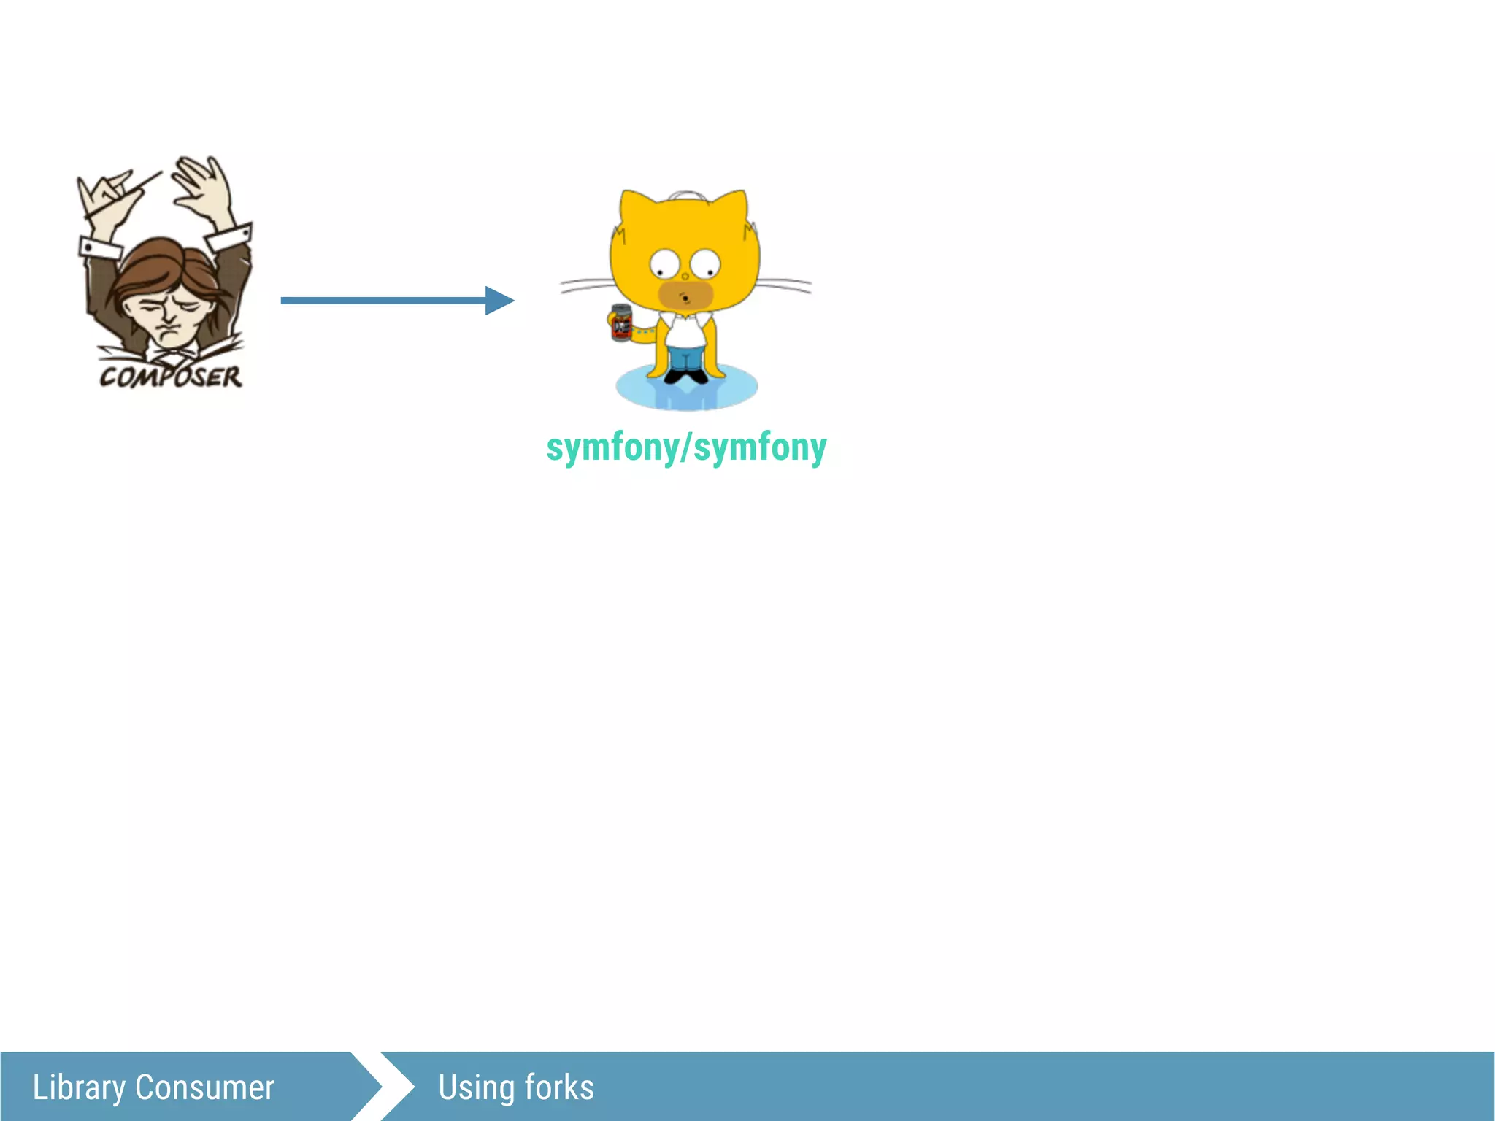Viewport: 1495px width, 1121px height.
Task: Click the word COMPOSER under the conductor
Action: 171,377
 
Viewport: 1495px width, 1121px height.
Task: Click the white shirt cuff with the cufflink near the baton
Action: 99,248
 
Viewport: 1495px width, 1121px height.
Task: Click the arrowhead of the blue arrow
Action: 499,300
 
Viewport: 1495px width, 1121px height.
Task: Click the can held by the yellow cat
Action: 620,323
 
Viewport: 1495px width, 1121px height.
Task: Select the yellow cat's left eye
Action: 664,263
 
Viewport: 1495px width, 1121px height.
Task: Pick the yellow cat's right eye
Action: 705,263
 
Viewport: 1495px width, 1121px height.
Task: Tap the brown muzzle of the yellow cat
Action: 685,296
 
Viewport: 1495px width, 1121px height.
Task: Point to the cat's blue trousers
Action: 685,358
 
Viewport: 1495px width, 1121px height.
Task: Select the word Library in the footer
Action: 78,1087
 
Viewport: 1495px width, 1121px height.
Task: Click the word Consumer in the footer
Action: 204,1087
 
